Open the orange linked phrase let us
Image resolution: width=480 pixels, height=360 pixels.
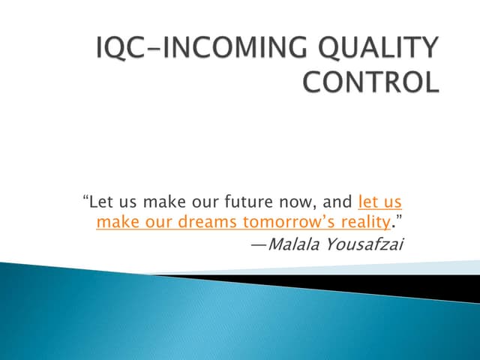(381, 202)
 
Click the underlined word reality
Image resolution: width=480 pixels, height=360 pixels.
(361, 222)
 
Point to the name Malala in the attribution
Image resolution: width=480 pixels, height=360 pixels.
(295, 242)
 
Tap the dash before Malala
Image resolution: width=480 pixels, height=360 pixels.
(257, 243)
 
